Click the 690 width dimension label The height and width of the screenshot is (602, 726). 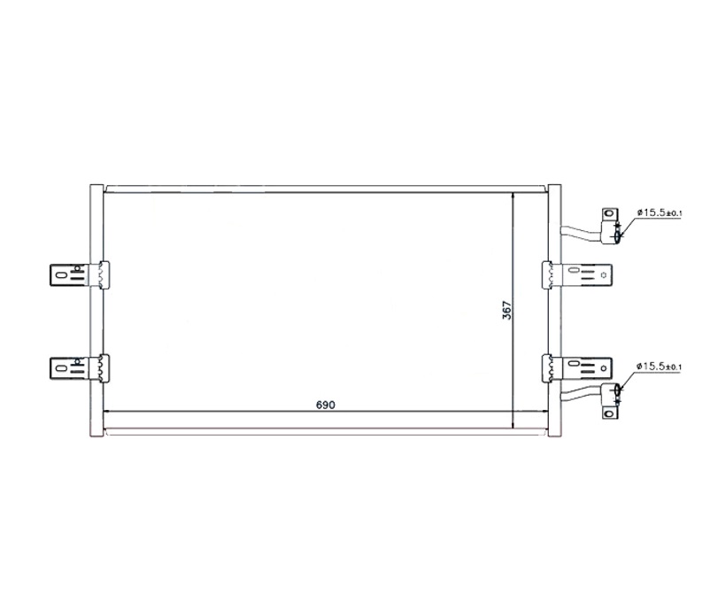(x=326, y=405)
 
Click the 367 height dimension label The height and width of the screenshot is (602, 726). (x=507, y=310)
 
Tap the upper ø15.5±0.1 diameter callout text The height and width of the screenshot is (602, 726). (x=660, y=212)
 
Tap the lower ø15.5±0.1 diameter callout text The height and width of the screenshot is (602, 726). (x=660, y=367)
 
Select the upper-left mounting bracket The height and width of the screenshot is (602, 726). (x=79, y=274)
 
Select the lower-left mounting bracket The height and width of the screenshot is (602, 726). (x=79, y=368)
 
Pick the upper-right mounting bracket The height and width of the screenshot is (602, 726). (x=577, y=274)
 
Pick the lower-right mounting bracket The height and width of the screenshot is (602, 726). (x=577, y=368)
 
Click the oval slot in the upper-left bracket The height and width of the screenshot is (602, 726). (x=58, y=274)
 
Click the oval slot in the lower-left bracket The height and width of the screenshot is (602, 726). (x=58, y=368)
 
